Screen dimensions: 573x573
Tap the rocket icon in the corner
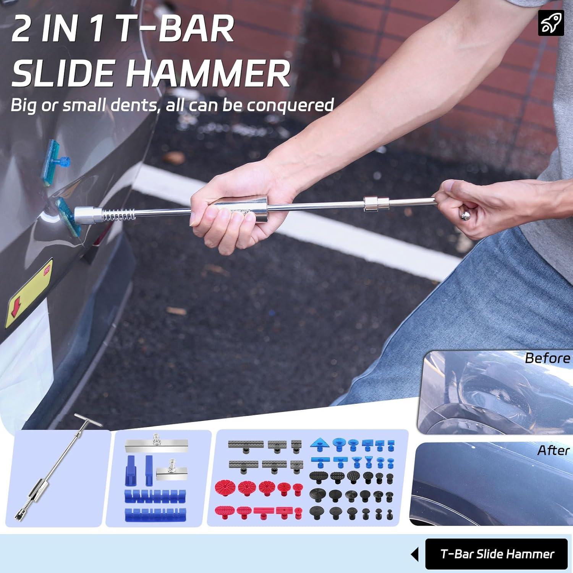point(551,23)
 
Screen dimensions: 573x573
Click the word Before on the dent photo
point(547,358)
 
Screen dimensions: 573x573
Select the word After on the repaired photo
point(553,450)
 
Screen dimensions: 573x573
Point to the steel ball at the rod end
point(465,216)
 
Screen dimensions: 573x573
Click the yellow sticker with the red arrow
point(29,294)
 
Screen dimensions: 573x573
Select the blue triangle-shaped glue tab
point(320,444)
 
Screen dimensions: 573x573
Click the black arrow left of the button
point(415,554)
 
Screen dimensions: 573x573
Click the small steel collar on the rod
point(376,204)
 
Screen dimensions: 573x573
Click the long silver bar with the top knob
point(157,445)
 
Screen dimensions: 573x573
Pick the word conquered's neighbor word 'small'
point(84,105)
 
